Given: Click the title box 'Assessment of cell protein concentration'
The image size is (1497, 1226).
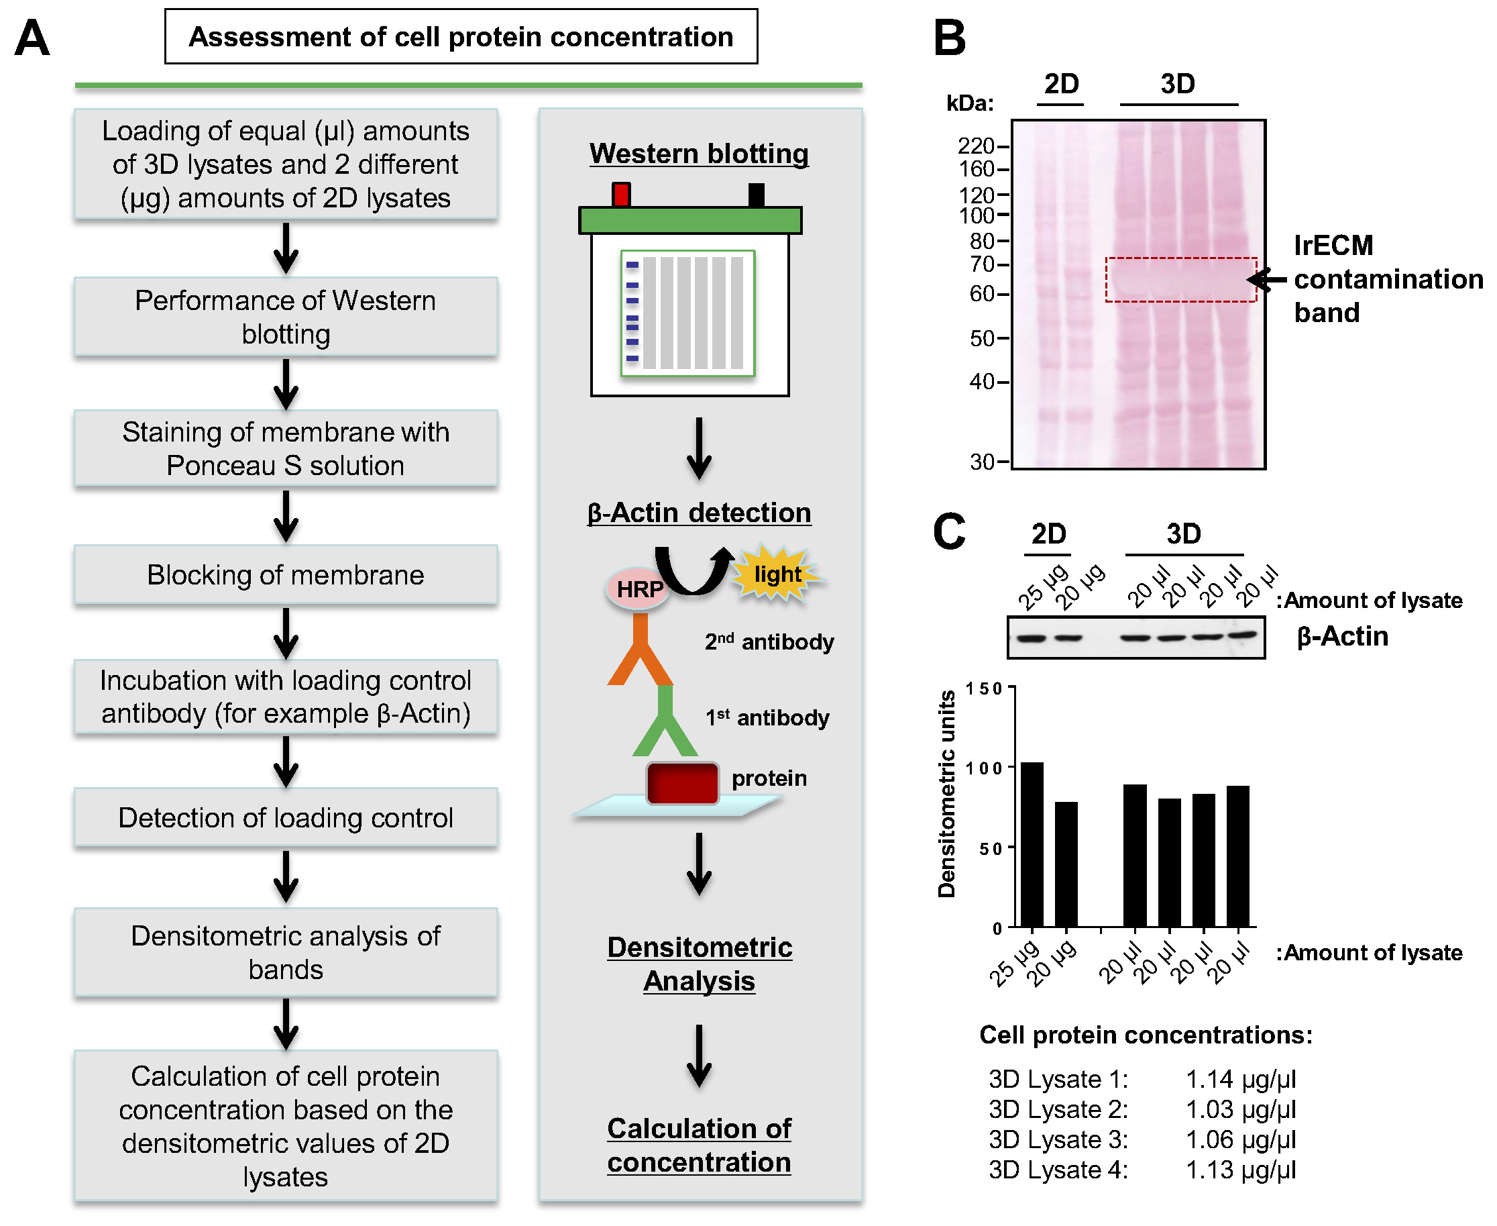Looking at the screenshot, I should click(461, 37).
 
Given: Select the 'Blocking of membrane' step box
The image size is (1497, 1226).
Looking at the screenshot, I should click(286, 575).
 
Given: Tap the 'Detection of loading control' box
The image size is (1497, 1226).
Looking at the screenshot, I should click(286, 817).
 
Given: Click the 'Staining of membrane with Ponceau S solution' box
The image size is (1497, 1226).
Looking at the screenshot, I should click(286, 448).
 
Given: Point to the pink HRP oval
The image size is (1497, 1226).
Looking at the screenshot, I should click(638, 589).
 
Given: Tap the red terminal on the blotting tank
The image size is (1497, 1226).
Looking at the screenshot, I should click(621, 195).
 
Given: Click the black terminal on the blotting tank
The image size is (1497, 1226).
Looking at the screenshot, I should click(756, 195).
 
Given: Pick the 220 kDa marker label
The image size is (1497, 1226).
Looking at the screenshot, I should click(975, 146).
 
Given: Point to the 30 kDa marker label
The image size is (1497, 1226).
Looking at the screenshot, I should click(982, 462).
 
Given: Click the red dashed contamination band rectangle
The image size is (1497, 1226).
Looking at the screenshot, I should click(1181, 280).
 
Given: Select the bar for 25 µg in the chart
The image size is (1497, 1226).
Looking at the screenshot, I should click(1032, 844).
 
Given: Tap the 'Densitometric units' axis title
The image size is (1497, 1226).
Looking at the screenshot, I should click(946, 794).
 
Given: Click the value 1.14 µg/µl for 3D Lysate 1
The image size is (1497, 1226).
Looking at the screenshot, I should click(1240, 1079).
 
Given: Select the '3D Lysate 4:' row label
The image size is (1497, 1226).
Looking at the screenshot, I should click(1058, 1170).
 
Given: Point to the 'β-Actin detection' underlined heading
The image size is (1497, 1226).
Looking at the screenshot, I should click(699, 513).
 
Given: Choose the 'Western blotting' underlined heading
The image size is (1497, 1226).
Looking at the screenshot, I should click(699, 153).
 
